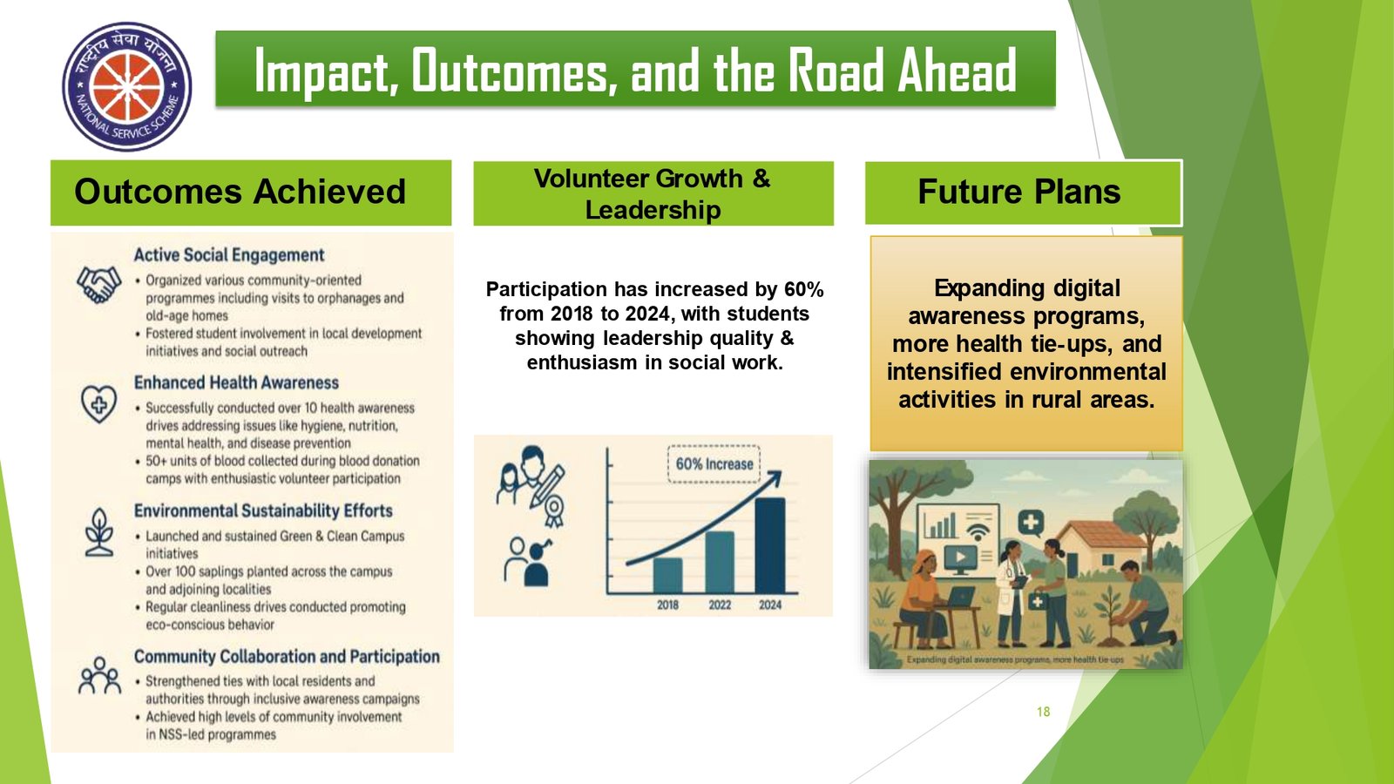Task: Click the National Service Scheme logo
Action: pos(127,86)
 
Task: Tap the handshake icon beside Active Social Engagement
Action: pos(99,284)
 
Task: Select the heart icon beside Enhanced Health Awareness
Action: pos(99,403)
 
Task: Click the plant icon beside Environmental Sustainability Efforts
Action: pos(99,532)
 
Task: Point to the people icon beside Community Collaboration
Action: pos(99,675)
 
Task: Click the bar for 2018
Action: pos(667,576)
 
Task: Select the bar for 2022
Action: pos(720,562)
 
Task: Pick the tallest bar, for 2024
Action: pos(770,545)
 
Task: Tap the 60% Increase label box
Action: pos(714,464)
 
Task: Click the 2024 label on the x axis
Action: pos(770,605)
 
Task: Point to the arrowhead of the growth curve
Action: pos(775,478)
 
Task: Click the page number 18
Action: pos(1044,712)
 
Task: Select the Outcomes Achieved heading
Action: pos(240,191)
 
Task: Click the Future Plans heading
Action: pos(1019,191)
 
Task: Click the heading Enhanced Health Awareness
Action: pos(236,382)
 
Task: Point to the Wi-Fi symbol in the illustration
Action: pos(978,531)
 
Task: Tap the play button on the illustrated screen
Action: pos(960,557)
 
